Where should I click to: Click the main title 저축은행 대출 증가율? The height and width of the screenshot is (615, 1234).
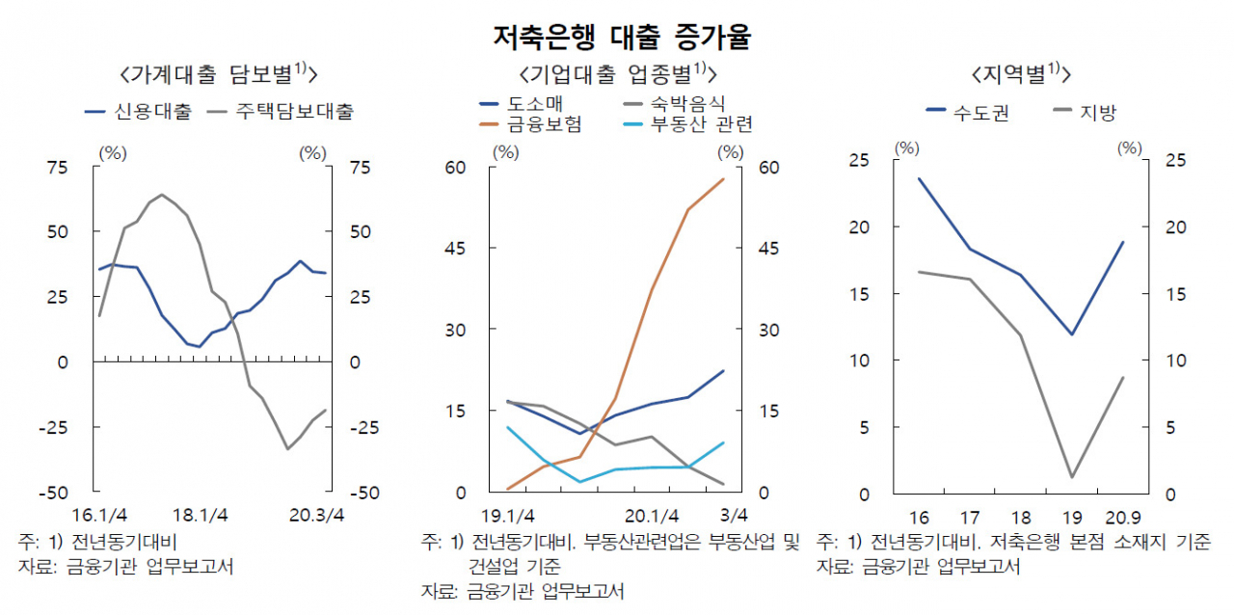pyautogui.click(x=622, y=37)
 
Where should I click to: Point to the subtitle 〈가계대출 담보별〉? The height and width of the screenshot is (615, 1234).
pyautogui.click(x=218, y=74)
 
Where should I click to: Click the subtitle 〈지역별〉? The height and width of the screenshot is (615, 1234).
pyautogui.click(x=1020, y=74)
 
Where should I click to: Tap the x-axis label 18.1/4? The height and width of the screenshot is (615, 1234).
pyautogui.click(x=200, y=515)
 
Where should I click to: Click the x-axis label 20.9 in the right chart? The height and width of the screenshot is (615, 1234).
pyautogui.click(x=1123, y=518)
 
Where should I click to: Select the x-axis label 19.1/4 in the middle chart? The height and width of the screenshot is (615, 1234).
pyautogui.click(x=507, y=516)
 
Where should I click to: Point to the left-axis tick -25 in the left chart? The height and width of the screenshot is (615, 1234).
pyautogui.click(x=53, y=428)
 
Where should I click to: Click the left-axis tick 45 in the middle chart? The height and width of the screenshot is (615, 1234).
pyautogui.click(x=455, y=249)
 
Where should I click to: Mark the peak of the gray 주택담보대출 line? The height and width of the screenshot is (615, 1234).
pyautogui.click(x=161, y=195)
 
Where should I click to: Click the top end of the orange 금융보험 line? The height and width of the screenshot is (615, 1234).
pyautogui.click(x=723, y=179)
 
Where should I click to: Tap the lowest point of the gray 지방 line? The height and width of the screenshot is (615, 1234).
pyautogui.click(x=1072, y=477)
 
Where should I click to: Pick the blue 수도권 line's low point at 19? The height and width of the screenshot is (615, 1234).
pyautogui.click(x=1072, y=334)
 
